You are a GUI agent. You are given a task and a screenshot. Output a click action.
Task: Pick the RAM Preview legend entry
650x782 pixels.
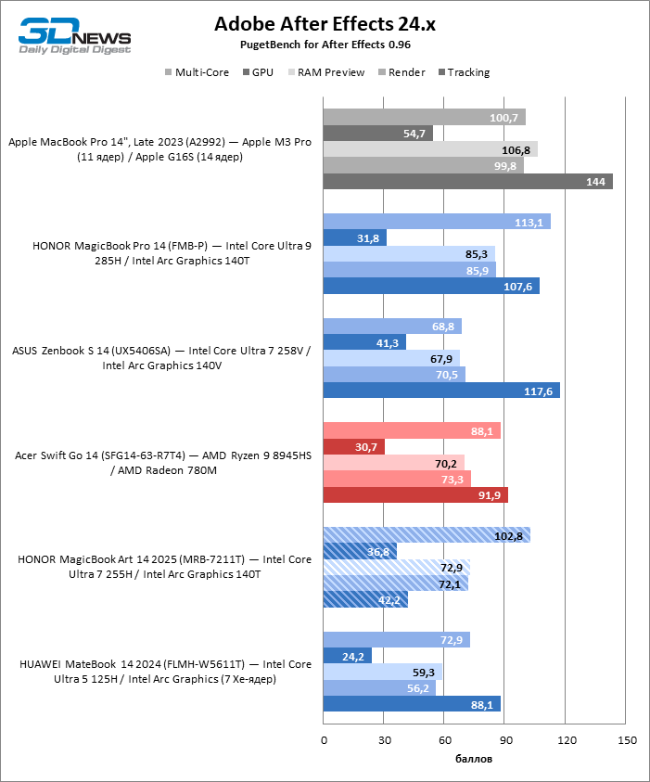tap(330, 72)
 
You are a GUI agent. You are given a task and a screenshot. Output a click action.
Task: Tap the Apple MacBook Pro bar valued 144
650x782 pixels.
tap(467, 181)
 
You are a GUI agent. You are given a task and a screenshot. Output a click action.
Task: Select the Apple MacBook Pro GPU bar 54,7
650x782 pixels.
tap(377, 134)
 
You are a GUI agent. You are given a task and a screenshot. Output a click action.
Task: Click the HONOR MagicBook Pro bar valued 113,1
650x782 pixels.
tap(437, 222)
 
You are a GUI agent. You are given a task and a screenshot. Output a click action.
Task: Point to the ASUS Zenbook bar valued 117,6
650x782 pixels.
tap(441, 391)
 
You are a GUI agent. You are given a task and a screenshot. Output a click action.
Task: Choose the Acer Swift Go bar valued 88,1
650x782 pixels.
tap(412, 430)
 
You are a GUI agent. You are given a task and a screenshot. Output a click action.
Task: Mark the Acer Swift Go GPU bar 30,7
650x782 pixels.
tap(354, 447)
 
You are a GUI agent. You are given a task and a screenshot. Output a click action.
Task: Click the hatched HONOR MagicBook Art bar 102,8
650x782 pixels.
tap(427, 535)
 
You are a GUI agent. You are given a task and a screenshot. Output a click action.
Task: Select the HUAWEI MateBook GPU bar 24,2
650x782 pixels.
tap(348, 656)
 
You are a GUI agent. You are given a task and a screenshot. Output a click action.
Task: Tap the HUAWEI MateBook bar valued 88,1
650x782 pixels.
tap(412, 704)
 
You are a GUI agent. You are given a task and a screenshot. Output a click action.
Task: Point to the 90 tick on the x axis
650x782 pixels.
tap(505, 739)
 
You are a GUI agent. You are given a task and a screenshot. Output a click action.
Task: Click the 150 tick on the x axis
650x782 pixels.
tap(627, 739)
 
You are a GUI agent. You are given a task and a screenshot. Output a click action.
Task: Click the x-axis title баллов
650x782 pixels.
tap(474, 758)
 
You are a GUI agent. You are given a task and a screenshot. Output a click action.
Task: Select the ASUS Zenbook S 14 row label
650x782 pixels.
tap(161, 358)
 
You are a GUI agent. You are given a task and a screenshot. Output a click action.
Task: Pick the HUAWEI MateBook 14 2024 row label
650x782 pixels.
tap(161, 672)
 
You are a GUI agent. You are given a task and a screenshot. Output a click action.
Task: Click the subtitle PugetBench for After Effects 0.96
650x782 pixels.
tap(325, 44)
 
